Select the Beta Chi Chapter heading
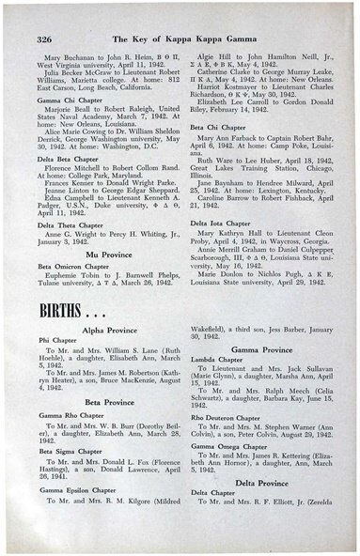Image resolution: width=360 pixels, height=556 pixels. coord(216,125)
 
